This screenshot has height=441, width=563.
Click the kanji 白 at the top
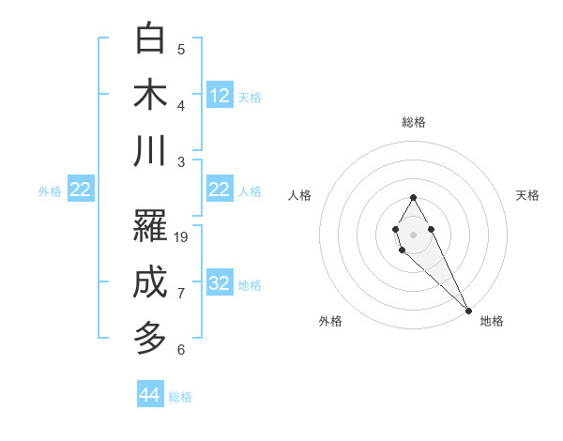click(150, 39)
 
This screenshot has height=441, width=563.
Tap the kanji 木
click(150, 96)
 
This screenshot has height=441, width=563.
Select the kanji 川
click(150, 151)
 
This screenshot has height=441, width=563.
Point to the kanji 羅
click(150, 225)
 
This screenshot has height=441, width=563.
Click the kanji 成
click(150, 282)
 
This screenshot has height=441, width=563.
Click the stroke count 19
click(182, 237)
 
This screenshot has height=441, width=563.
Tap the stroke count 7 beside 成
click(181, 294)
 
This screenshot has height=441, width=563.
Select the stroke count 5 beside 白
click(181, 50)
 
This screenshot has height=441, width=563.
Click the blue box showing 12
click(220, 96)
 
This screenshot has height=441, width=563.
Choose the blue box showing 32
click(220, 283)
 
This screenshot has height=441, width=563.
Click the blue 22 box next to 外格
click(81, 190)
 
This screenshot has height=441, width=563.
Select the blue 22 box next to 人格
click(220, 190)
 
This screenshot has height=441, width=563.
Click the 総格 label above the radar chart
click(414, 122)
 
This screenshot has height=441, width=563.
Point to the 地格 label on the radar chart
click(492, 321)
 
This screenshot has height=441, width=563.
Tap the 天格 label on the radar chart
click(527, 195)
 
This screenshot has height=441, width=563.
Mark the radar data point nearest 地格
click(468, 311)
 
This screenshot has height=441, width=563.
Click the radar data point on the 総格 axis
click(413, 197)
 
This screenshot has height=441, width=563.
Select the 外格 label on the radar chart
click(330, 321)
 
